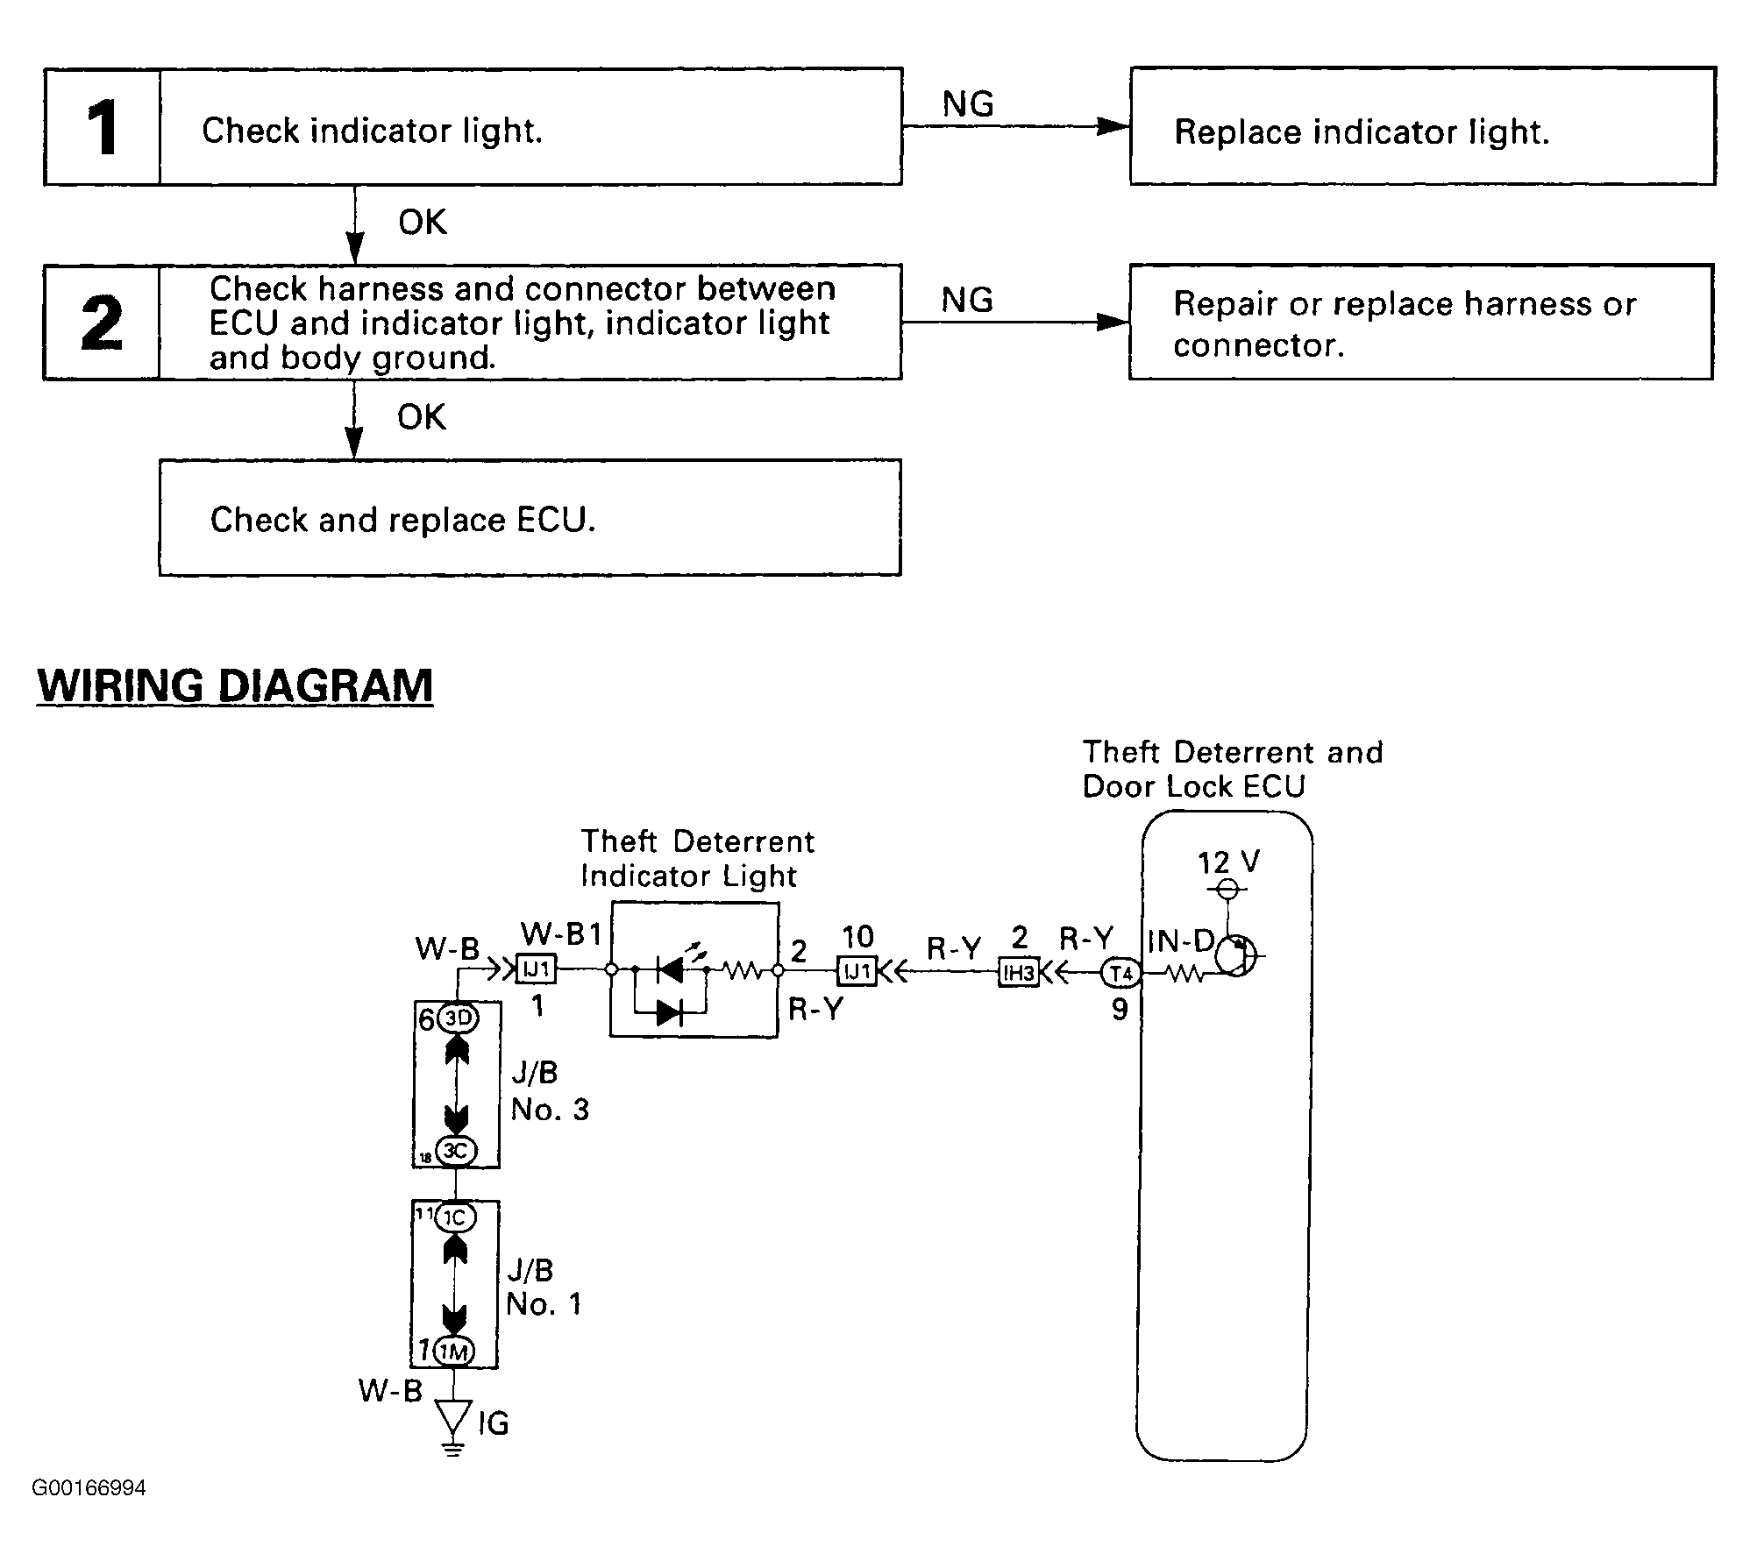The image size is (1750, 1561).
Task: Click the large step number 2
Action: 102,323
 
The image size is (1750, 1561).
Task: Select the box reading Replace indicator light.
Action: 1422,126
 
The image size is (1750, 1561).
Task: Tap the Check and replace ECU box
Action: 530,517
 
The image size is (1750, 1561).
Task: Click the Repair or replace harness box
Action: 1420,322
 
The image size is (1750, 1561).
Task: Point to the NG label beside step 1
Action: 968,104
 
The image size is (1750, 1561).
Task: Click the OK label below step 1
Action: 422,223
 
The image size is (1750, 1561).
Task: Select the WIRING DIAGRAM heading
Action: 235,685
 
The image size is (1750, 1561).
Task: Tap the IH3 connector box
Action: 1018,973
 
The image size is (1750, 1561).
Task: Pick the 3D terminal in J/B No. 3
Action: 457,1019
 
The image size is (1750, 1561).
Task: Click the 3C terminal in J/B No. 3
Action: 456,1150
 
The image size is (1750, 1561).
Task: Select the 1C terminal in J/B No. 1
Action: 455,1217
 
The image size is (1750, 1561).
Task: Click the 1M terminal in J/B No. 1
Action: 454,1351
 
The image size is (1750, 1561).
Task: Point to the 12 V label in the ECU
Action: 1228,862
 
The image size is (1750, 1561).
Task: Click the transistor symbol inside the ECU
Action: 1234,955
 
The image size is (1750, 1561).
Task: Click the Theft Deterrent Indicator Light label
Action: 697,858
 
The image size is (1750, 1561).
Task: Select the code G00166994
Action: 89,1488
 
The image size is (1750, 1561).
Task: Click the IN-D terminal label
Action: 1180,941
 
